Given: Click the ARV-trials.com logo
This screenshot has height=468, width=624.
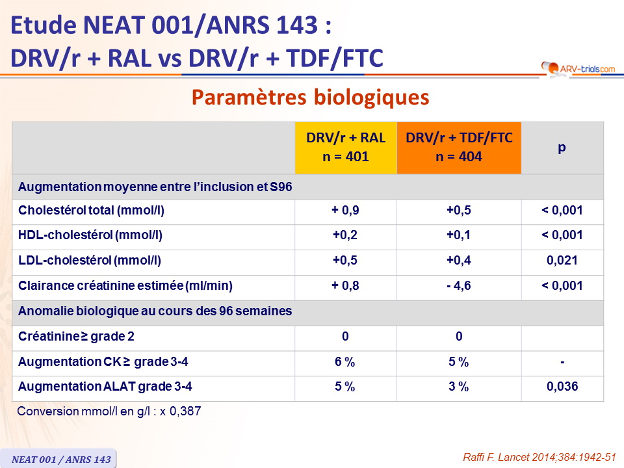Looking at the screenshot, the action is (578, 68).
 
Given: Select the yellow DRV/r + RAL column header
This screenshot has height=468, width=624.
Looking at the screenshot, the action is (346, 148).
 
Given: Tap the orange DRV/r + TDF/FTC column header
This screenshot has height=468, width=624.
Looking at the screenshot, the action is (459, 148).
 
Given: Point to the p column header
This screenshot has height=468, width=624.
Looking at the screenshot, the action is (562, 148).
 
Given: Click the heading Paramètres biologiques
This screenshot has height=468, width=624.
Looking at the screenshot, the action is (311, 97).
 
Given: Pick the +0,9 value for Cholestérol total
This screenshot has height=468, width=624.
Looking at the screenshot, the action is (345, 210).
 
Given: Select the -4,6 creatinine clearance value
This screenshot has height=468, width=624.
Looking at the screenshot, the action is (459, 286).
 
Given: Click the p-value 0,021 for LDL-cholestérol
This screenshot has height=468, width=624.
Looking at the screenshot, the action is (562, 260).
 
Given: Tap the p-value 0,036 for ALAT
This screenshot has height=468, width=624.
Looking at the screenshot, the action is (562, 386).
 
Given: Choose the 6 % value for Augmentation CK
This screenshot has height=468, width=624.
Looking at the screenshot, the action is (344, 362).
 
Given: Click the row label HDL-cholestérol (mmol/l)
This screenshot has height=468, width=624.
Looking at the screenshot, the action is (90, 235).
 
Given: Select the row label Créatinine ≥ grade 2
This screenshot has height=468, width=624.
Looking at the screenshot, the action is (77, 336).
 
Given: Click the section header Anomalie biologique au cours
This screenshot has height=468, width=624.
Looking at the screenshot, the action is (155, 311).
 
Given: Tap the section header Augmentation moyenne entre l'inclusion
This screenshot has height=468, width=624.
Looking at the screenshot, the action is (155, 187).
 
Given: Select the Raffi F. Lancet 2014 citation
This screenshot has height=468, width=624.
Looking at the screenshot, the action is (539, 457).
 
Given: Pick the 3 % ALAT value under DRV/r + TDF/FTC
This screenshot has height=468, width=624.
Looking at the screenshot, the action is (458, 386).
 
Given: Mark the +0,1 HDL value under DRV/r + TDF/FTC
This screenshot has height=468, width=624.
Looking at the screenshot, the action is (458, 235).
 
